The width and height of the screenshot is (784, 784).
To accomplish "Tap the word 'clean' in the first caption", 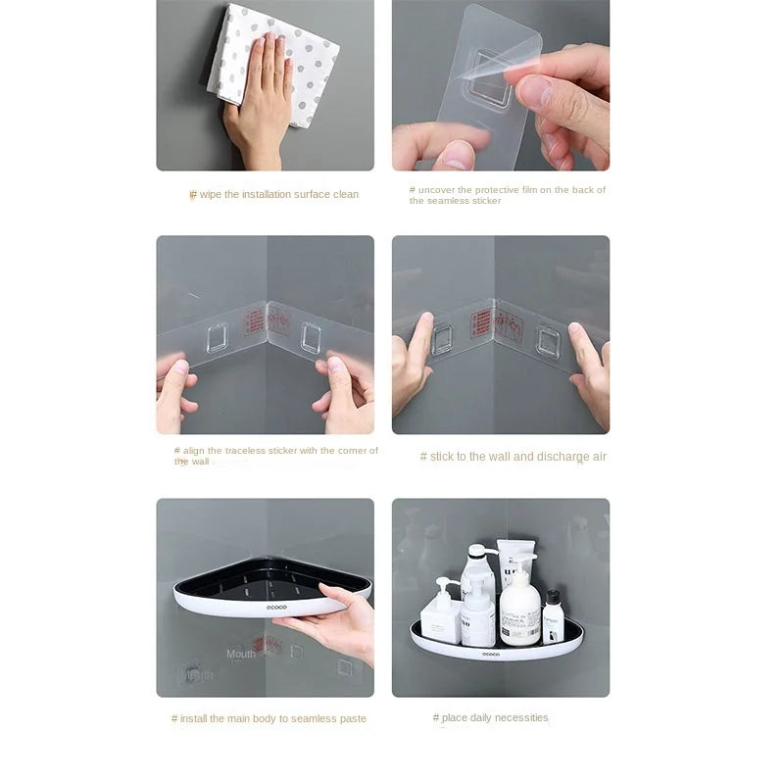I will point(346,194).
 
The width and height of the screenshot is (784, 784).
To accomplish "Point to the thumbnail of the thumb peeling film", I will point(457,153).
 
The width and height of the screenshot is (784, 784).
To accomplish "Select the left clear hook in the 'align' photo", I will point(218,336).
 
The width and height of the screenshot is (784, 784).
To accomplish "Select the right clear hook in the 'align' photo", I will point(311,337).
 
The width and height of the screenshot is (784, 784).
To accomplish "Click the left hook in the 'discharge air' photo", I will point(443,338).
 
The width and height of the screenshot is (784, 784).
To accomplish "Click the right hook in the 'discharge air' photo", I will point(548,340).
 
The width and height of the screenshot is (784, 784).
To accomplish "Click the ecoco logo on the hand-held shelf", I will point(278,609).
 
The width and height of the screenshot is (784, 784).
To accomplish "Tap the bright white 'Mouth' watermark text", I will point(241,654).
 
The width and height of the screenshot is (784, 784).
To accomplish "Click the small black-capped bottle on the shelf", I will point(553,616).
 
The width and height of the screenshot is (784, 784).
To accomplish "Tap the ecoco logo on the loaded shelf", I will point(490,653).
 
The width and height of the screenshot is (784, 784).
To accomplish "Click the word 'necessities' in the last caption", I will point(520,717).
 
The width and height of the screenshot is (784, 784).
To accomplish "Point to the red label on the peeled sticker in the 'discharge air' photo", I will point(481,323).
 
